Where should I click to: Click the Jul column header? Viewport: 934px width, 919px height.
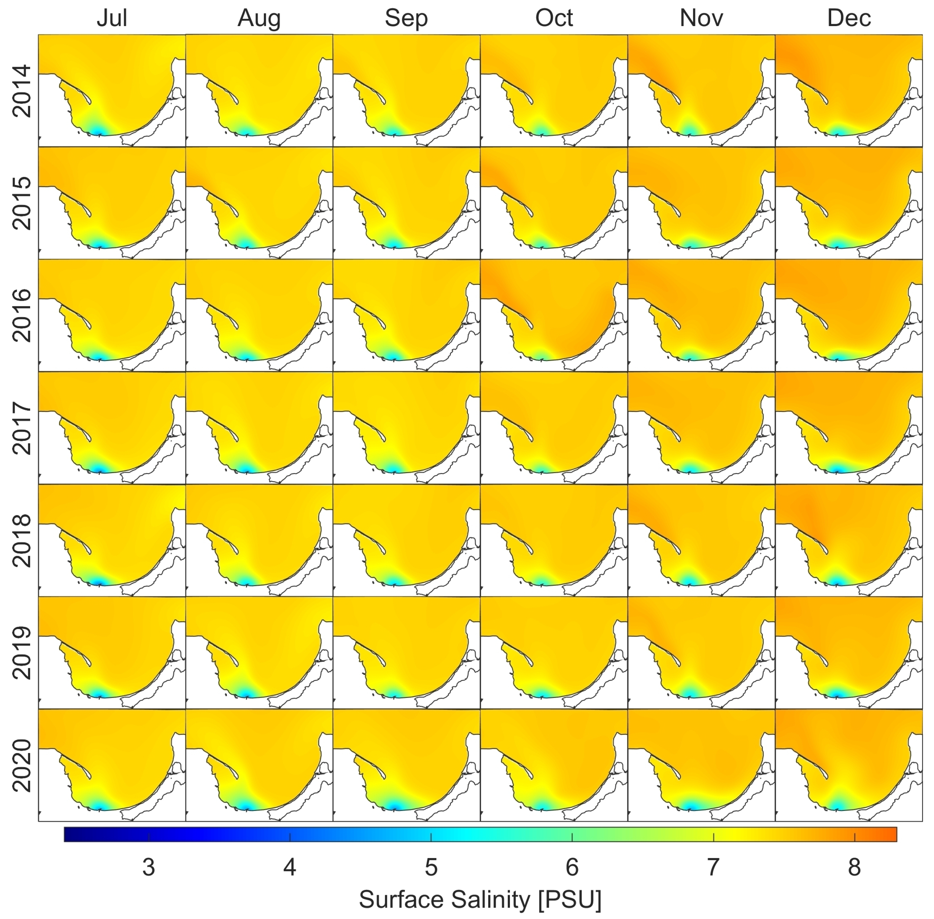coord(112,18)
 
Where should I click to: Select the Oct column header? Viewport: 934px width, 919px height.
coord(554,18)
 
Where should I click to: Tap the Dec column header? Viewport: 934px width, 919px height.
coord(848,18)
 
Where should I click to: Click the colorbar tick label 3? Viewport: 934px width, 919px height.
coord(149,867)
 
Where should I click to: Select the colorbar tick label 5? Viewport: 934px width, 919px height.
coord(431,867)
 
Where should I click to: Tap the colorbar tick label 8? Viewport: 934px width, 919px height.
coord(854,867)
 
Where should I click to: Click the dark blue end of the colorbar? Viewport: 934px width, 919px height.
coord(70,835)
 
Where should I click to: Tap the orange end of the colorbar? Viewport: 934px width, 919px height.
coord(891,835)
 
